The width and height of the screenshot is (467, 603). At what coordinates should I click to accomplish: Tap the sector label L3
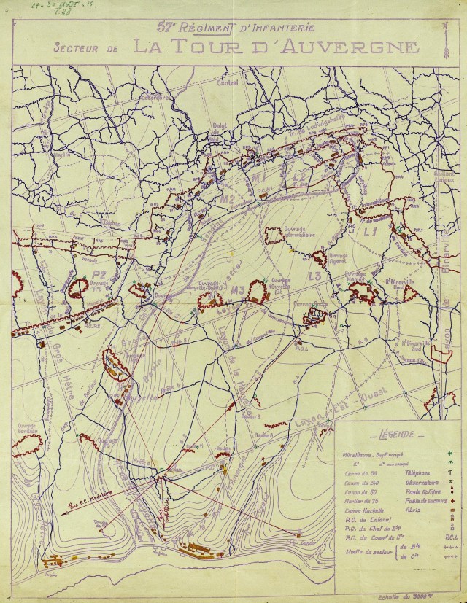(314, 276)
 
